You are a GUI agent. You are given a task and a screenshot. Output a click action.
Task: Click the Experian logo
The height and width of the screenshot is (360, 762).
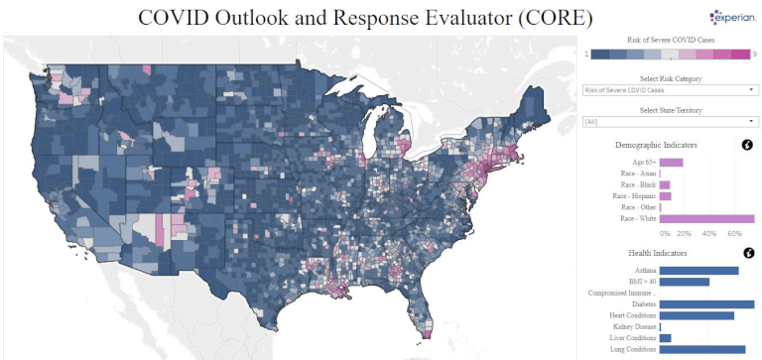pyautogui.click(x=733, y=17)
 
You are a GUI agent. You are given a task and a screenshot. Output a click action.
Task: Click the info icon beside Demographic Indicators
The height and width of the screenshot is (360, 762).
pyautogui.click(x=747, y=145)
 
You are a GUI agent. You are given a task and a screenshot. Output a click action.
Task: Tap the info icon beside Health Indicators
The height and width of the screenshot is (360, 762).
pyautogui.click(x=747, y=253)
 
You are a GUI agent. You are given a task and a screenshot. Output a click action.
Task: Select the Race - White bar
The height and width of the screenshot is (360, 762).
pyautogui.click(x=706, y=219)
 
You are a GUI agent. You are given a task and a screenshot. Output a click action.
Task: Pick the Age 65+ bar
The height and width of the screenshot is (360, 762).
pyautogui.click(x=671, y=162)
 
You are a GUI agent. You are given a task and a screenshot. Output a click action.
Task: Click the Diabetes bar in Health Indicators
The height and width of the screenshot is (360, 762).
pyautogui.click(x=706, y=304)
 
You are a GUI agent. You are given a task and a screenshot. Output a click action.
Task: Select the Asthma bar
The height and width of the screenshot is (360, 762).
pyautogui.click(x=698, y=271)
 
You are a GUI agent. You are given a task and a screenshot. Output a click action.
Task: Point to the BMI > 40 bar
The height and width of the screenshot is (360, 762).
pyautogui.click(x=684, y=282)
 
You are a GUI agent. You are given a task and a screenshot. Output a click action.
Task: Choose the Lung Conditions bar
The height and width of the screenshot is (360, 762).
pyautogui.click(x=701, y=349)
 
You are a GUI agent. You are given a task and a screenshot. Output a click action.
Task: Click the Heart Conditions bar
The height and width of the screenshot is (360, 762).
pyautogui.click(x=697, y=315)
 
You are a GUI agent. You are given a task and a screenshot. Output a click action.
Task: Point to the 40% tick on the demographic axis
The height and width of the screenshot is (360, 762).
pyautogui.click(x=708, y=234)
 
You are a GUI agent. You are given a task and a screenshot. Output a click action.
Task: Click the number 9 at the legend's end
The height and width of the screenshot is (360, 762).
pyautogui.click(x=756, y=54)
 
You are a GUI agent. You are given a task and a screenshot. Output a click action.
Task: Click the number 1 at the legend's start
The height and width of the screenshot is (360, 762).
pyautogui.click(x=585, y=54)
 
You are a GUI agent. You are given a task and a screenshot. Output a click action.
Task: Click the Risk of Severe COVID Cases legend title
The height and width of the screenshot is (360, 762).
pyautogui.click(x=670, y=39)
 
